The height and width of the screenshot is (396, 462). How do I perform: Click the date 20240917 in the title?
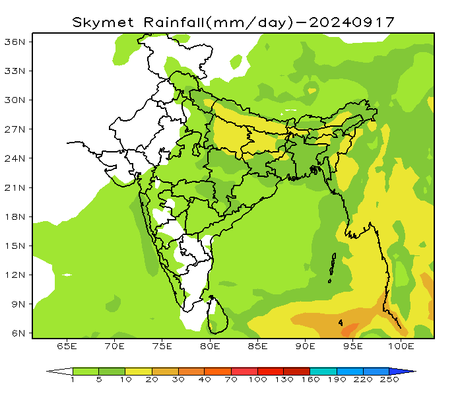tap(352, 22)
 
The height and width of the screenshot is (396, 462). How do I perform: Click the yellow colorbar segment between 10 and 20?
tap(138, 372)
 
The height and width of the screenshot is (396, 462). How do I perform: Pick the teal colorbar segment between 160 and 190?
tap(323, 372)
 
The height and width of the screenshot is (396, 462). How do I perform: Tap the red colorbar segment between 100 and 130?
tap(270, 372)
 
